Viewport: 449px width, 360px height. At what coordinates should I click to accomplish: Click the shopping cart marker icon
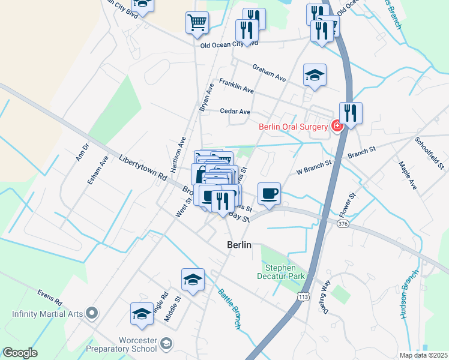pos(197,22)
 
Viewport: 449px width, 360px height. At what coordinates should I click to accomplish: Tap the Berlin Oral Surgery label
pos(294,127)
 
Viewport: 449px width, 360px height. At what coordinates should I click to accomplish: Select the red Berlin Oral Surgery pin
pos(337,126)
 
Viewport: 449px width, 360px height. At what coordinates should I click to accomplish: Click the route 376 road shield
pos(343,224)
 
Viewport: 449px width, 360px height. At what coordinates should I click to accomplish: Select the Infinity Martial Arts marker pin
pos(91,312)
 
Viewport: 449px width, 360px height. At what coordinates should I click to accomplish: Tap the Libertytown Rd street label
pos(142,168)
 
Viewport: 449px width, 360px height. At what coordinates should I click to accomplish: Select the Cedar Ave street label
pos(235,112)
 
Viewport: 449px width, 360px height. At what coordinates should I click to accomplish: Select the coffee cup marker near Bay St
pos(269,194)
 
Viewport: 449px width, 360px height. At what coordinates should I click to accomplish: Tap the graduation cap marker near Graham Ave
pos(315,75)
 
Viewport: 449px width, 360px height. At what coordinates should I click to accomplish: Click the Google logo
pos(20,353)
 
